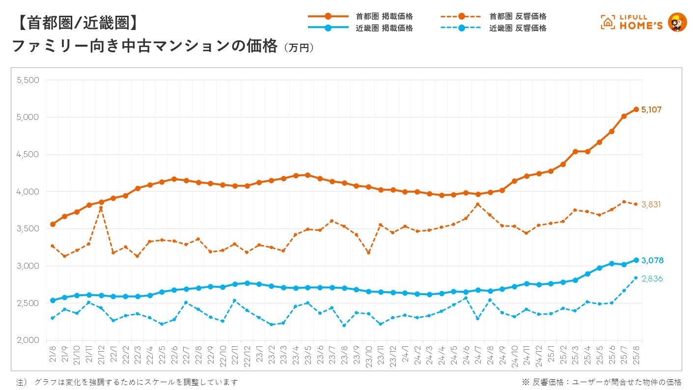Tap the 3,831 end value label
[x=651, y=204]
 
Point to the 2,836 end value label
[x=652, y=279]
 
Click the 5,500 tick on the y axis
[x=28, y=80]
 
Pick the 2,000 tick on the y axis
[x=28, y=340]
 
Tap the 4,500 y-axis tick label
[x=28, y=154]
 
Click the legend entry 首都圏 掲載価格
[x=384, y=16]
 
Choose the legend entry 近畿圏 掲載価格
[x=384, y=28]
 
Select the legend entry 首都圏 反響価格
[x=518, y=16]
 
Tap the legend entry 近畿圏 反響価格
[x=518, y=28]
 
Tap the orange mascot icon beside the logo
[x=678, y=23]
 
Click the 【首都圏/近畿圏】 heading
[x=74, y=22]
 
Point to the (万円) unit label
[x=299, y=48]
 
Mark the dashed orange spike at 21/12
[x=101, y=208]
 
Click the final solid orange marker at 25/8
[x=636, y=109]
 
